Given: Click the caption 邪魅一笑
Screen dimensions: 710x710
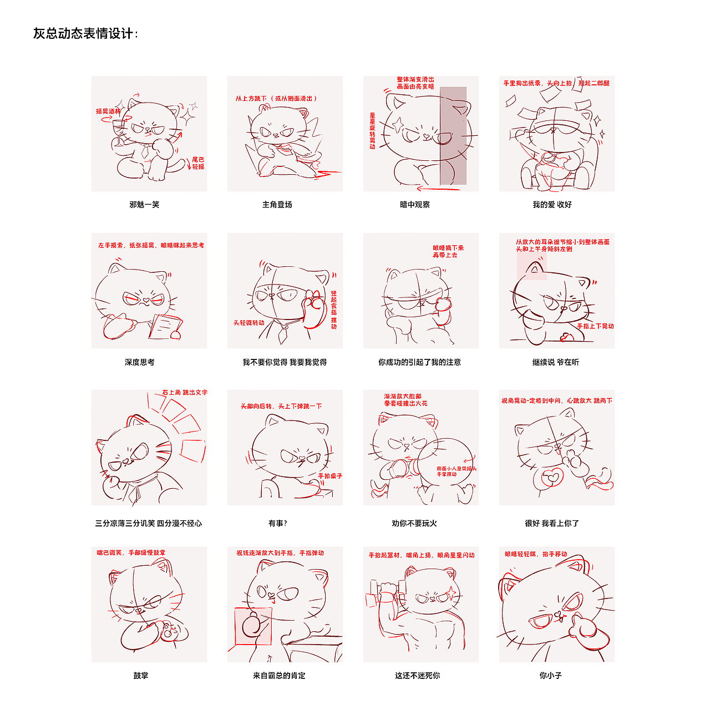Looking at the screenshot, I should point(144,205).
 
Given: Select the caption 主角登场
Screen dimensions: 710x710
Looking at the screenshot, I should point(277,205).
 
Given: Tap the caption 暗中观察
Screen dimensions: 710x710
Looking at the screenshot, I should point(415,205).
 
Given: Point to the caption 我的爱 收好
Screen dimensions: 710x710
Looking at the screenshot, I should point(552,205).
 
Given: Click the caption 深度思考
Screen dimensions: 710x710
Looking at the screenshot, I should point(140,362).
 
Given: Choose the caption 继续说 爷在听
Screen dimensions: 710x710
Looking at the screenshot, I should point(555,362).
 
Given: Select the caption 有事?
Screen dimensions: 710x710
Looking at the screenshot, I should point(277,523).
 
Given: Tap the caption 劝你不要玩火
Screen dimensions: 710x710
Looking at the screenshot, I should point(414,523).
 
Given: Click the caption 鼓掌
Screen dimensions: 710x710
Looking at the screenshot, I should point(141,676).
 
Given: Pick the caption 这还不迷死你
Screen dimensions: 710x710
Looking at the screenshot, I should point(417,676).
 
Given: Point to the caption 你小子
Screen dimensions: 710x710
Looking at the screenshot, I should point(550,676).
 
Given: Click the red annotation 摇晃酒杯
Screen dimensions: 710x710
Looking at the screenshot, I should point(108,111).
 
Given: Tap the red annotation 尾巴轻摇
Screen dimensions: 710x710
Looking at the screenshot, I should point(198,163).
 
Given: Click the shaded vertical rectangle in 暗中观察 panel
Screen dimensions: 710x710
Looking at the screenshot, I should point(453,136).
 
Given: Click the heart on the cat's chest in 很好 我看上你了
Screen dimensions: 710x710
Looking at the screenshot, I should point(552,476).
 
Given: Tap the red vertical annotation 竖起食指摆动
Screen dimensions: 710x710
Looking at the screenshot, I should point(334,310).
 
